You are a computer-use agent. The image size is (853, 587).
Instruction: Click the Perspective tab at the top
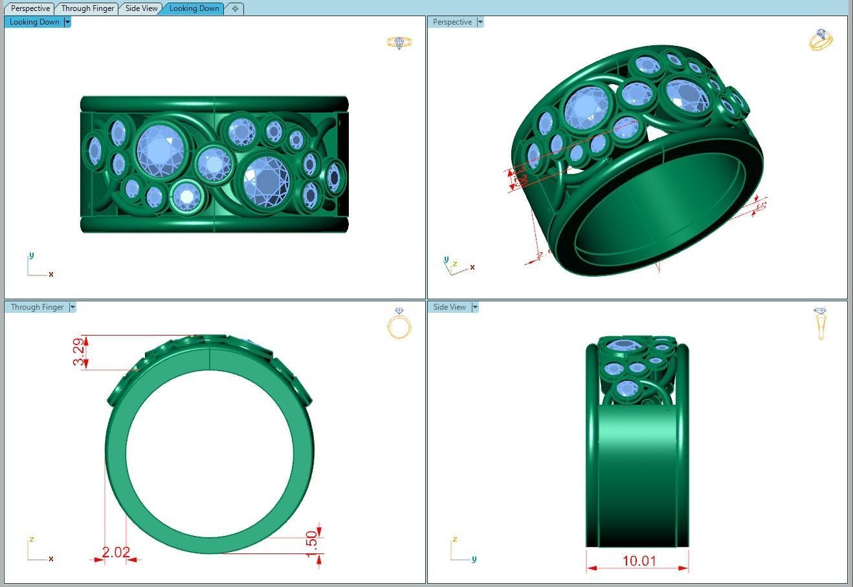[x=30, y=8]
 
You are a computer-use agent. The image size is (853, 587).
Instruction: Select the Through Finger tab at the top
[x=87, y=8]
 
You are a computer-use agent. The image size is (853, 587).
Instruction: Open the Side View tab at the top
[x=141, y=8]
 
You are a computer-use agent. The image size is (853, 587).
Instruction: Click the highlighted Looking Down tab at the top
[x=194, y=8]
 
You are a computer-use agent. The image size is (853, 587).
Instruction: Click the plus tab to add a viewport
[x=235, y=8]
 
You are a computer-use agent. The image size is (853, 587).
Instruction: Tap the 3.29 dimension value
[x=79, y=352]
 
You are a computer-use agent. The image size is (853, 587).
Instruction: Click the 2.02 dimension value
[x=116, y=553]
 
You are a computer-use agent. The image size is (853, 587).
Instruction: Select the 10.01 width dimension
[x=639, y=560]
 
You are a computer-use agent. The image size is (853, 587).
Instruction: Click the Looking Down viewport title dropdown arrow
[x=67, y=22]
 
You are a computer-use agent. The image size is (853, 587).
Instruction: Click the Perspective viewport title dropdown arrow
[x=480, y=22]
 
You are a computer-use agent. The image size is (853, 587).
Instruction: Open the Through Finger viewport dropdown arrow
[x=72, y=307]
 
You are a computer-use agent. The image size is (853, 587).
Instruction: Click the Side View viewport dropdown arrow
[x=475, y=307]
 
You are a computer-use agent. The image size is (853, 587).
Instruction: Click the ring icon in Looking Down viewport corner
[x=399, y=43]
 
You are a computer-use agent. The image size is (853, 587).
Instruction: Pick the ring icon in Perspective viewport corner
[x=820, y=39]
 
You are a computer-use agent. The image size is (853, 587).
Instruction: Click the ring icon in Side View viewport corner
[x=821, y=323]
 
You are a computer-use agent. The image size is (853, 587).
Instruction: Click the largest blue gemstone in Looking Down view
[x=161, y=151]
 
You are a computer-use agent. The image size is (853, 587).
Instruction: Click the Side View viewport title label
[x=449, y=307]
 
